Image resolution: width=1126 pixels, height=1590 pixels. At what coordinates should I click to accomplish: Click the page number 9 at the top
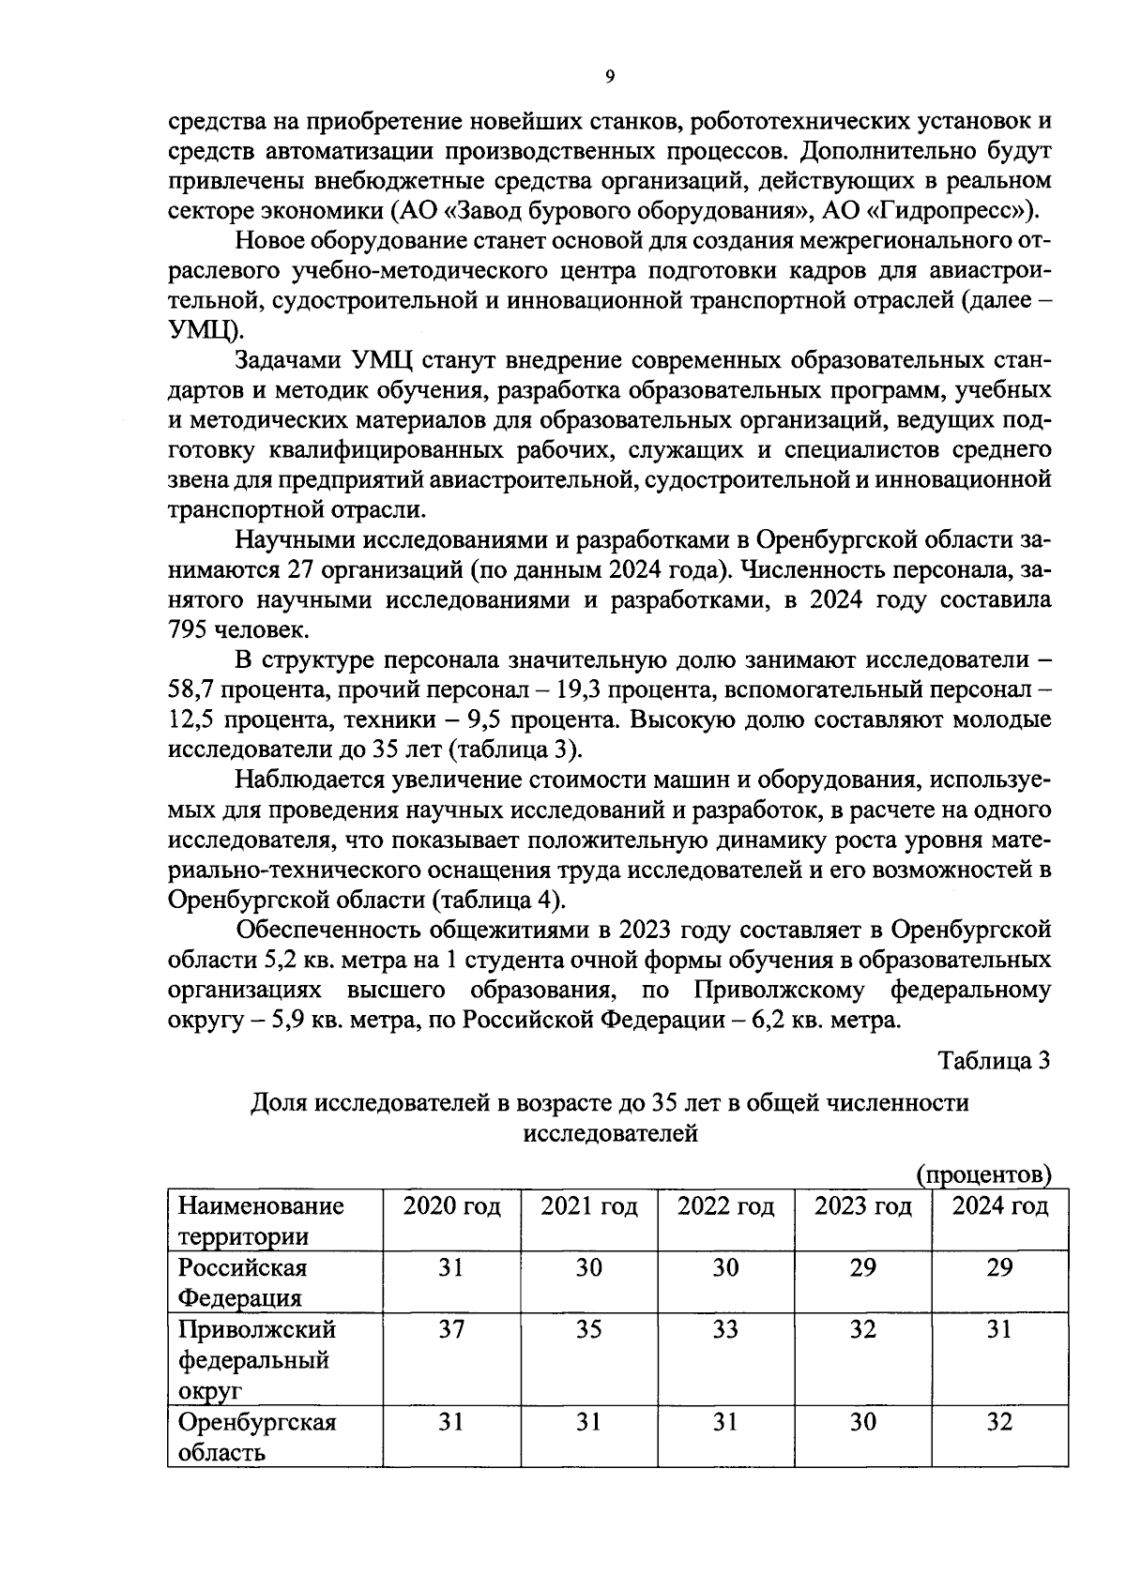click(609, 77)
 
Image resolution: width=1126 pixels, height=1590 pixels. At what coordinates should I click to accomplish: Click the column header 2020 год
click(451, 1206)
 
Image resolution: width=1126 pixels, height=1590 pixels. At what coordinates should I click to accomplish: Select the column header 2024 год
click(999, 1206)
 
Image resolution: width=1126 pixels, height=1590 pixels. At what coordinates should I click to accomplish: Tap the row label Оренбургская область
click(257, 1437)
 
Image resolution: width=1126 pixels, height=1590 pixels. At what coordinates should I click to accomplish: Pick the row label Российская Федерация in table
click(243, 1282)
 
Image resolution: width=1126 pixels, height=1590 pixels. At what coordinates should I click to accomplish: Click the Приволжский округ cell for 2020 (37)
click(451, 1329)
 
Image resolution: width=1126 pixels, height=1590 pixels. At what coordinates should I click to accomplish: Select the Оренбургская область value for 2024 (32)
click(999, 1422)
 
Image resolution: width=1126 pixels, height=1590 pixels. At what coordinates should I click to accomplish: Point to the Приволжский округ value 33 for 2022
click(725, 1329)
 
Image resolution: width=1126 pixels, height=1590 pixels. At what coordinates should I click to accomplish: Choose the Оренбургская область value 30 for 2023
click(862, 1422)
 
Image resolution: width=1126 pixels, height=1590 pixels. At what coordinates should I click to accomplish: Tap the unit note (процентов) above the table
click(982, 1174)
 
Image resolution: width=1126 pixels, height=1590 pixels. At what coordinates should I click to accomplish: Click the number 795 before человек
click(190, 629)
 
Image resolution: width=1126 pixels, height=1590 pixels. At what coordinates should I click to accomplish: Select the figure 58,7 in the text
click(192, 690)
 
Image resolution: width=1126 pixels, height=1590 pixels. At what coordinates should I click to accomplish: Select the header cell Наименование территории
click(261, 1220)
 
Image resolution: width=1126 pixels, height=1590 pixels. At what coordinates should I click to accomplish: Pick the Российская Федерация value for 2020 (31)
click(451, 1267)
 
